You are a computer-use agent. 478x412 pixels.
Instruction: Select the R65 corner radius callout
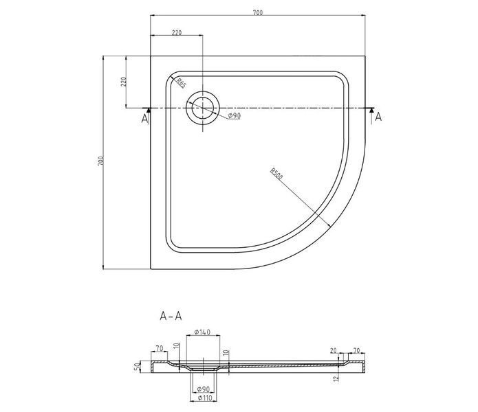pos(181,83)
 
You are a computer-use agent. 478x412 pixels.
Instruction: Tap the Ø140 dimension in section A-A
pos(202,332)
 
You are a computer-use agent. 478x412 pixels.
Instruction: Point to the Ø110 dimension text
pos(204,398)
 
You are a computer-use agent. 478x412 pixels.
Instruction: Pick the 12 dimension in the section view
pos(336,379)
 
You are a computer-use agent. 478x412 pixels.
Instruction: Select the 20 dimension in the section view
pos(333,350)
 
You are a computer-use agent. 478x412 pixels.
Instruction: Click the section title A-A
pos(171,316)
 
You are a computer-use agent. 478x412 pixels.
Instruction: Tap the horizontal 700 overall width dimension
pos(258,13)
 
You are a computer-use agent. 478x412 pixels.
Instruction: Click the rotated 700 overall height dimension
pos(101,161)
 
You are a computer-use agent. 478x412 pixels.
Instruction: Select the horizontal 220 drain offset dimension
pos(177,32)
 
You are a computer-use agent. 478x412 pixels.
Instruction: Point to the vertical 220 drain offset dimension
pos(124,82)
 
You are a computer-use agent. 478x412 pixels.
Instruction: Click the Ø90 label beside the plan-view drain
pos(234,115)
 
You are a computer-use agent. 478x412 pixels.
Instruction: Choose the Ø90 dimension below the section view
pos(204,389)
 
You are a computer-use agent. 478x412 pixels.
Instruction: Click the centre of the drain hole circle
pos(203,108)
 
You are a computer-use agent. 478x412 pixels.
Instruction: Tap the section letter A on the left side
pos(144,118)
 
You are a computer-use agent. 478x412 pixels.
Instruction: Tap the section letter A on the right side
pos(378,117)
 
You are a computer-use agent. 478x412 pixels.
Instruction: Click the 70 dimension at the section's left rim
pos(160,348)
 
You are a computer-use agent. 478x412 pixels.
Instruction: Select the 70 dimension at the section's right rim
pos(356,350)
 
